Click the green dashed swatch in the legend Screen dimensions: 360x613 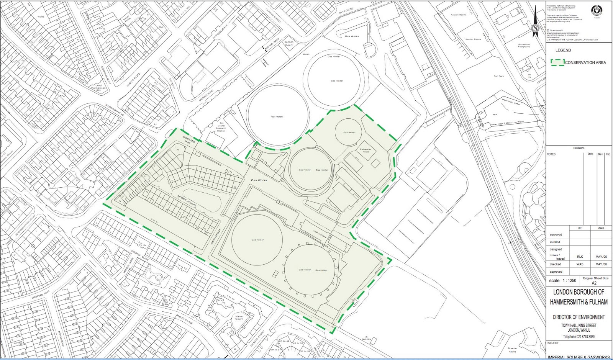tap(557, 62)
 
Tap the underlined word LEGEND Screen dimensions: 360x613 tap(563, 50)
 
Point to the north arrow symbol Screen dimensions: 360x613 tap(535, 23)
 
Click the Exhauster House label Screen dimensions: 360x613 tap(366, 151)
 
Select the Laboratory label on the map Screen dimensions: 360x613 tap(320, 234)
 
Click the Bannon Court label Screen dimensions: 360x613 tap(289, 44)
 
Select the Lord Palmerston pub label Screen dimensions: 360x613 tap(98, 87)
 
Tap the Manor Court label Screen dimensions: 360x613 tap(239, 317)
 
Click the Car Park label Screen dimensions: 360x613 tap(498, 76)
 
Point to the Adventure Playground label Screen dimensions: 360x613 tap(524, 46)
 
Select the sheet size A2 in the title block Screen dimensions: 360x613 tap(594, 283)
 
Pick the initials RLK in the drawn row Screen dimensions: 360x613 tap(580, 257)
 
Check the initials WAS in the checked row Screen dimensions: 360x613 tap(580, 264)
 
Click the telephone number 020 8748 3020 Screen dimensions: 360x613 tap(579, 337)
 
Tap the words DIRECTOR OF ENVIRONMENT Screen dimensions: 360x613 tap(579, 317)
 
